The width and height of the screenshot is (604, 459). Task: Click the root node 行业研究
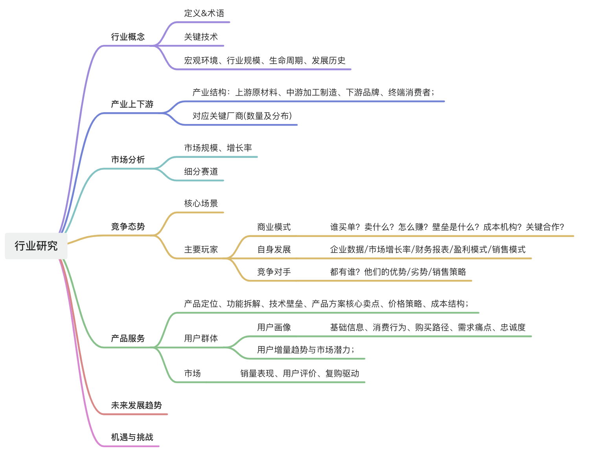click(x=36, y=246)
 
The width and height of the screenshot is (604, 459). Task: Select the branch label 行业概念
click(x=128, y=37)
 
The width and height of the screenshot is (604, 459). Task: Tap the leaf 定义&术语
click(x=204, y=13)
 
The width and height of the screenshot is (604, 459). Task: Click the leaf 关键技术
click(x=201, y=37)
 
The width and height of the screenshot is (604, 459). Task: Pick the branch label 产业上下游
click(x=132, y=104)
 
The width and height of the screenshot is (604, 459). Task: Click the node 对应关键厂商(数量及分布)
click(x=242, y=116)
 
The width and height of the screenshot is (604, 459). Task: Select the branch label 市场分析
click(x=128, y=160)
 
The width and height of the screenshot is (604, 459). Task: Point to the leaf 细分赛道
click(x=201, y=172)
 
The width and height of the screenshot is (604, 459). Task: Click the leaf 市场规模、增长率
click(x=218, y=148)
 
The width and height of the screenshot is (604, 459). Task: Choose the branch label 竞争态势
click(x=128, y=227)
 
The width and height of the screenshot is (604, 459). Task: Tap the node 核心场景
click(x=201, y=204)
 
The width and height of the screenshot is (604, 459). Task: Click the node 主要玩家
click(x=201, y=250)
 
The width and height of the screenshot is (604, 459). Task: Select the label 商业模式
click(x=274, y=227)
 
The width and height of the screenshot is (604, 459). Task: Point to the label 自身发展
click(x=274, y=250)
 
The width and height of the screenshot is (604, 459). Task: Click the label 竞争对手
click(x=274, y=272)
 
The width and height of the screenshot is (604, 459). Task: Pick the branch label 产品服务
click(x=128, y=339)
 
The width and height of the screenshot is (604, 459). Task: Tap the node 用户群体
click(x=201, y=339)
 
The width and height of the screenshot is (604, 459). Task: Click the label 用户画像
click(x=274, y=328)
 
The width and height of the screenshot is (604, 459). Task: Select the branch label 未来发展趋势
click(x=136, y=405)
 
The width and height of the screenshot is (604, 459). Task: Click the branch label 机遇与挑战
click(x=132, y=437)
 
